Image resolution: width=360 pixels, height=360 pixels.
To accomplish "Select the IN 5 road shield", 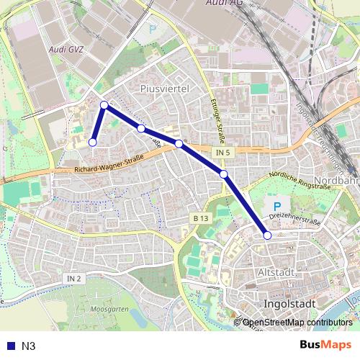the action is tap(222, 153).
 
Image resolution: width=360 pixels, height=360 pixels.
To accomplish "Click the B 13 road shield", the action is tap(200, 218).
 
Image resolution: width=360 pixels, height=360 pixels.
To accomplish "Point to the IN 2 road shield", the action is tap(75, 278).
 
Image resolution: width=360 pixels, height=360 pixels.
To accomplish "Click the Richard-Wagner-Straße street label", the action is tap(104, 168).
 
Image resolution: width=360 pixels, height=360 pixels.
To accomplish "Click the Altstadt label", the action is tap(276, 272).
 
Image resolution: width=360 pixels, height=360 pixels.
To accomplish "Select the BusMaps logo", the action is tap(325, 345).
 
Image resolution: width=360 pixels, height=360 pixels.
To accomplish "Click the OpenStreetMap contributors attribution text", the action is tap(297, 323).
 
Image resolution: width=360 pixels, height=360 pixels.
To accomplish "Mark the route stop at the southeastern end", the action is tap(267, 235).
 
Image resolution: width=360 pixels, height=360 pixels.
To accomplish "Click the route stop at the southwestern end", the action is tap(92, 143).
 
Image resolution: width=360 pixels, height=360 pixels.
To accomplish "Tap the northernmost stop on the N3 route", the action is tap(104, 105).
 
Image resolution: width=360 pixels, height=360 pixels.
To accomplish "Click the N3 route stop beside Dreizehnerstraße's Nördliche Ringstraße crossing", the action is tap(224, 174).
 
